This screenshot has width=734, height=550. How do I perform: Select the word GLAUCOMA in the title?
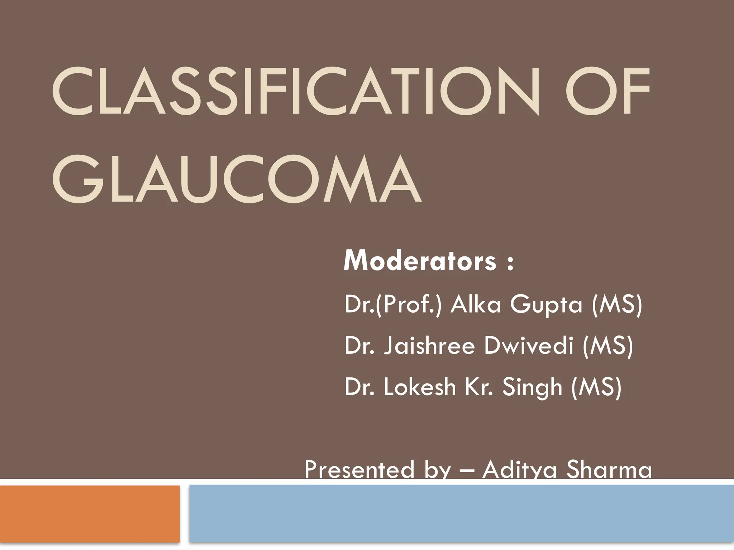tap(237, 179)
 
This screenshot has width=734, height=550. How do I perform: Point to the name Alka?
tap(475, 305)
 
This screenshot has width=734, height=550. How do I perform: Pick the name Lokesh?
tap(420, 387)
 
